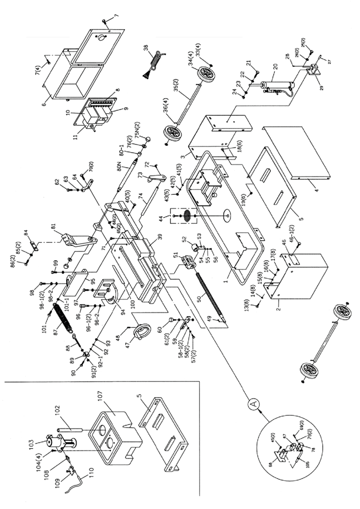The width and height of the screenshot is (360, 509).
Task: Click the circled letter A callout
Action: tap(252, 403)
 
